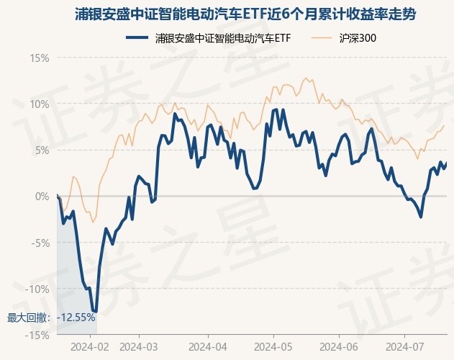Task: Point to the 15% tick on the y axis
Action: (39, 58)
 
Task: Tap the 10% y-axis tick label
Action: (39, 104)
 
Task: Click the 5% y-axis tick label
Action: (42, 150)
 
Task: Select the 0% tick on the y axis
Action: (42, 196)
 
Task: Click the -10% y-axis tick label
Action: (37, 289)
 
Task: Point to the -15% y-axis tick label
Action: (37, 335)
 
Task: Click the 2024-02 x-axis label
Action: (91, 346)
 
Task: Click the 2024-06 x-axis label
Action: (338, 346)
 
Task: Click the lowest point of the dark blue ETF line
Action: (95, 312)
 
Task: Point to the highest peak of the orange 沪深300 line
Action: (307, 78)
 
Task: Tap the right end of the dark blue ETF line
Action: (446, 163)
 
